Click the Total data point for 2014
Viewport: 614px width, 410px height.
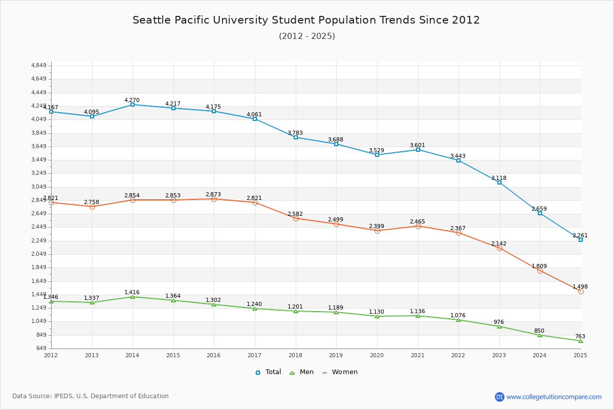click(133, 105)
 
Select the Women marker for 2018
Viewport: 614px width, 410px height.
click(296, 218)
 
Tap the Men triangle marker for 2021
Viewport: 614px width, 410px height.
click(418, 316)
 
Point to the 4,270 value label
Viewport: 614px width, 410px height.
click(132, 100)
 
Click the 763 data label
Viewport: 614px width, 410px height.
click(580, 336)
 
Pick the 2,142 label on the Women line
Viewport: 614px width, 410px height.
click(499, 243)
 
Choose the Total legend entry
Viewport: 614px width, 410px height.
click(269, 372)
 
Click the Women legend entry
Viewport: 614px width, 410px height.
click(340, 372)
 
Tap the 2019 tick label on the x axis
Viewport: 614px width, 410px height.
click(336, 355)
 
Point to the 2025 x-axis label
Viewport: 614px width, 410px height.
click(580, 355)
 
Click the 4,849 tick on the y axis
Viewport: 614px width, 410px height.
click(39, 66)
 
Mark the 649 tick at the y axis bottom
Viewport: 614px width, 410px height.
click(41, 348)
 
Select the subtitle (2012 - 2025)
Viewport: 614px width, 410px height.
click(307, 36)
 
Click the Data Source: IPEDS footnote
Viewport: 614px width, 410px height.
click(91, 396)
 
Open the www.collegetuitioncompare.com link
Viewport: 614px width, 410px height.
click(554, 397)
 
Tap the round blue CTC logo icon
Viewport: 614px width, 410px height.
click(499, 397)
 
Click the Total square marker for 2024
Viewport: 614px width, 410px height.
click(540, 213)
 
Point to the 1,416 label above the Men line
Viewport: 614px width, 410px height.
click(132, 292)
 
